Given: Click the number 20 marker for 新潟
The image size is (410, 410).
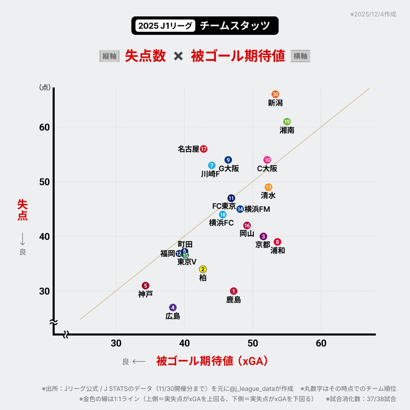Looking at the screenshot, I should [x=275, y=94].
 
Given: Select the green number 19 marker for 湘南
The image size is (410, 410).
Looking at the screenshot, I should [x=287, y=122].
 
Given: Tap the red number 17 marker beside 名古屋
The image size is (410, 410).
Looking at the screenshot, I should [x=204, y=149].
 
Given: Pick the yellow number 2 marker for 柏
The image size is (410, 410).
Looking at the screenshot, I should [x=203, y=269].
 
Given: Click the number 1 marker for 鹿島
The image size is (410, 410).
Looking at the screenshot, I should [x=234, y=291].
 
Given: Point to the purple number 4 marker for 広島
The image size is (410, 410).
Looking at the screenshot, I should [x=173, y=307].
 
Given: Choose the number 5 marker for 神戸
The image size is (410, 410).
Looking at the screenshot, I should [x=146, y=286].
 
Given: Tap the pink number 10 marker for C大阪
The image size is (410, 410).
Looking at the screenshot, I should [x=267, y=160].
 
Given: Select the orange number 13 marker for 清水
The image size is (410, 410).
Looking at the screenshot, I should [x=269, y=187].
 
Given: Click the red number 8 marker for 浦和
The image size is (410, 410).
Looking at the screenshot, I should [x=277, y=242].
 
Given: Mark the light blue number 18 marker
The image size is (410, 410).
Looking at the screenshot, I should [x=223, y=215].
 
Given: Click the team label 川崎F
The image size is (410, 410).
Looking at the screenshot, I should [x=210, y=174].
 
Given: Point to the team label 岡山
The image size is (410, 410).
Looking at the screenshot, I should [x=247, y=234].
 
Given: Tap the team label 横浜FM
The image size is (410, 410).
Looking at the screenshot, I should [x=257, y=209].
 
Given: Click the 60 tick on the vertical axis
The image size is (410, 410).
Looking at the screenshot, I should [x=44, y=127].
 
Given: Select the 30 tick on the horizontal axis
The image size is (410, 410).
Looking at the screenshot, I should [x=116, y=343].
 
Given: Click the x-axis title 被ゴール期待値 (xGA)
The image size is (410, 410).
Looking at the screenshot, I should [x=212, y=361].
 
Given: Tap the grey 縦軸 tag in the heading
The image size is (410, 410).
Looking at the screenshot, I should [x=109, y=56].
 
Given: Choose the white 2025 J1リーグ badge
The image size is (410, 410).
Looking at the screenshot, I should [x=165, y=26].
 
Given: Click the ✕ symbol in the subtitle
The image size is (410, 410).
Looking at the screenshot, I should [x=178, y=56].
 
